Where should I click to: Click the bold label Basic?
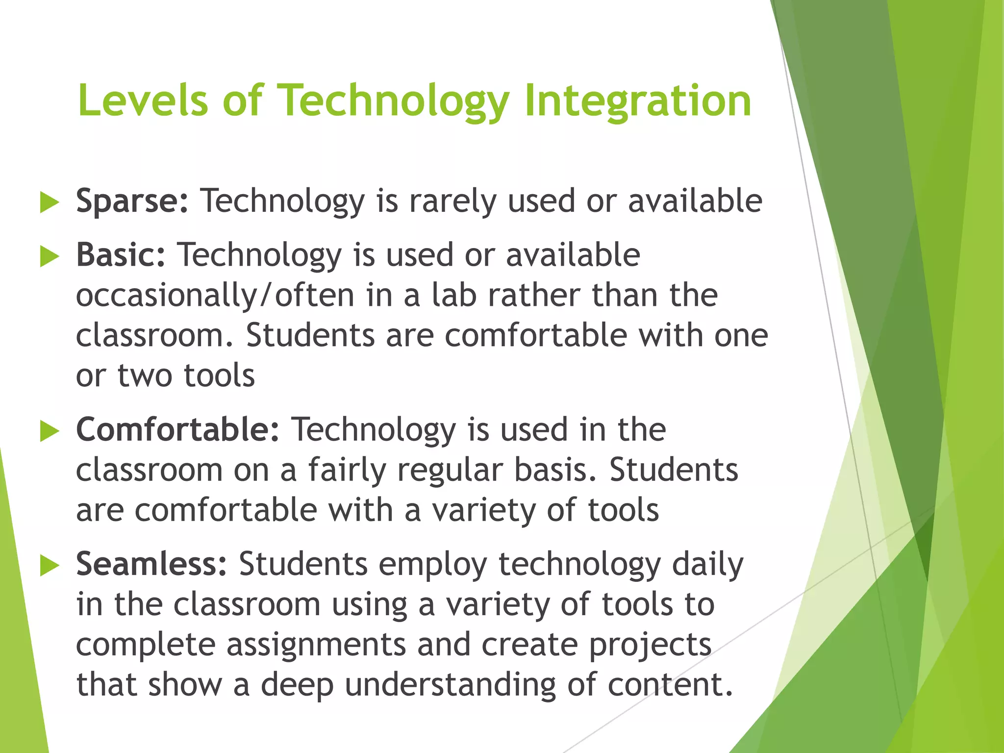pos(121,255)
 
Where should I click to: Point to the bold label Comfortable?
pos(177,429)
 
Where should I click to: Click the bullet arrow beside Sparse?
pos(49,202)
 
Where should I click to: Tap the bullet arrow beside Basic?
pos(49,256)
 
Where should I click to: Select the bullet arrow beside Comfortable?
pos(49,431)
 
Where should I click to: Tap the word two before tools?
pos(145,376)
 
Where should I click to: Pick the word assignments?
pos(316,644)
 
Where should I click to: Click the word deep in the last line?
pos(297,684)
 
